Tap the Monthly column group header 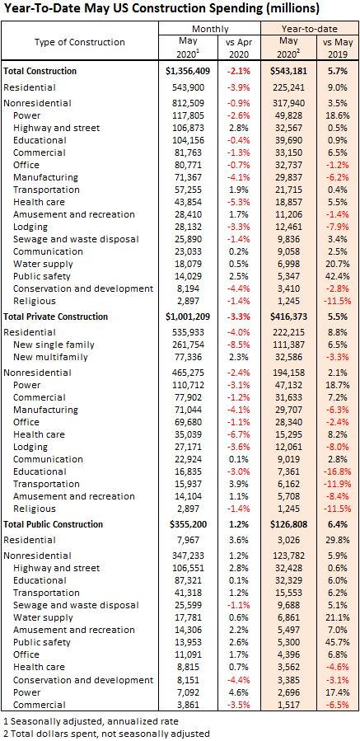[210, 29]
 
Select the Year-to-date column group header [311, 29]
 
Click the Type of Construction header [80, 42]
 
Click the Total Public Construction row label [53, 524]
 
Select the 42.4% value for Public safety [338, 276]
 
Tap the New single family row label [54, 345]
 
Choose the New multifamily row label [50, 357]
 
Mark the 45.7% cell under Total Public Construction [338, 642]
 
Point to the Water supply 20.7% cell [338, 264]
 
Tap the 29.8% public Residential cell [338, 540]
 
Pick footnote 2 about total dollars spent [106, 734]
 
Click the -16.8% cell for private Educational [336, 471]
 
